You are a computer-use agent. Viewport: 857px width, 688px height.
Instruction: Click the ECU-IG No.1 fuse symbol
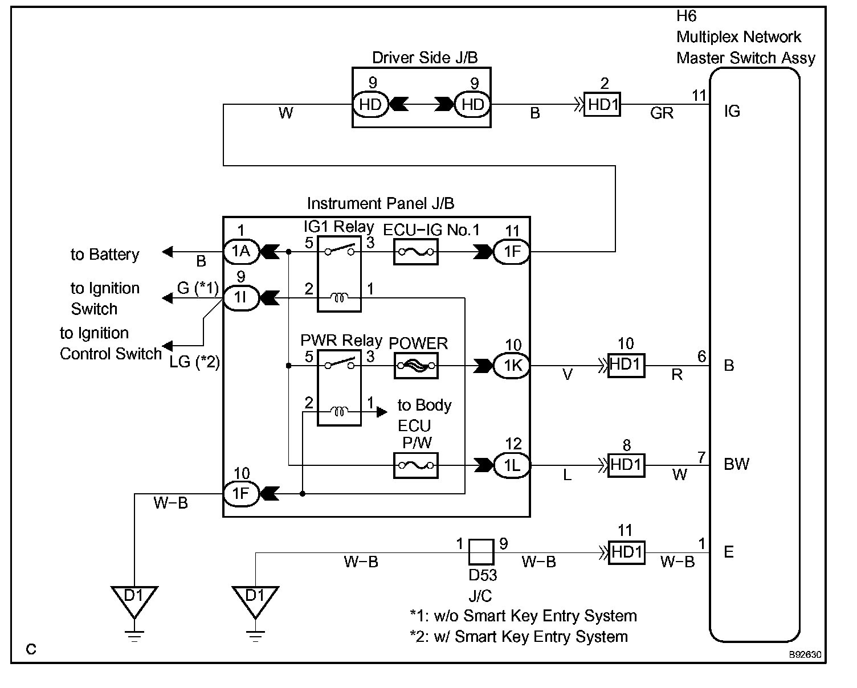[x=416, y=252]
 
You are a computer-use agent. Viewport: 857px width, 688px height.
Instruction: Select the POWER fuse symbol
[x=416, y=366]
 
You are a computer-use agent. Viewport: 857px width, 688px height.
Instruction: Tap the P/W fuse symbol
[x=416, y=465]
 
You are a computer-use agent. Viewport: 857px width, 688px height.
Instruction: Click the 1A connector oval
[x=241, y=251]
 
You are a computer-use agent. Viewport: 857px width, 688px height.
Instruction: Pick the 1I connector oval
[x=241, y=297]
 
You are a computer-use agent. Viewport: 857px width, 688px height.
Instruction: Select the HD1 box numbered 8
[x=626, y=465]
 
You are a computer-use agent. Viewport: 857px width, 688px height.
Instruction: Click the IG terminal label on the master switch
[x=732, y=112]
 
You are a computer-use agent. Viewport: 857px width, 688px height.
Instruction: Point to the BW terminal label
[x=736, y=464]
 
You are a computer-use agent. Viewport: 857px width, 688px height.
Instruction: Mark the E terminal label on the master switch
[x=729, y=552]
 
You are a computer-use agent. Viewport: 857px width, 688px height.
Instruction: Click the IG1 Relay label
[x=338, y=227]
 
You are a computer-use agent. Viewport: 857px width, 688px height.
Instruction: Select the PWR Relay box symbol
[x=339, y=387]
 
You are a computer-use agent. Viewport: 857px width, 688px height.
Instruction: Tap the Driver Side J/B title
[x=425, y=58]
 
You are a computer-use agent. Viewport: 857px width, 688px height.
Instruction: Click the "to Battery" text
[x=105, y=255]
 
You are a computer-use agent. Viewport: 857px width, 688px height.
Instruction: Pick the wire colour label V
[x=568, y=375]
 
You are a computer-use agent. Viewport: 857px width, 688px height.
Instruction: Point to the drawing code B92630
[x=805, y=655]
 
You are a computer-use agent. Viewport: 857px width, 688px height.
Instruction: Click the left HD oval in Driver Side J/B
[x=370, y=105]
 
